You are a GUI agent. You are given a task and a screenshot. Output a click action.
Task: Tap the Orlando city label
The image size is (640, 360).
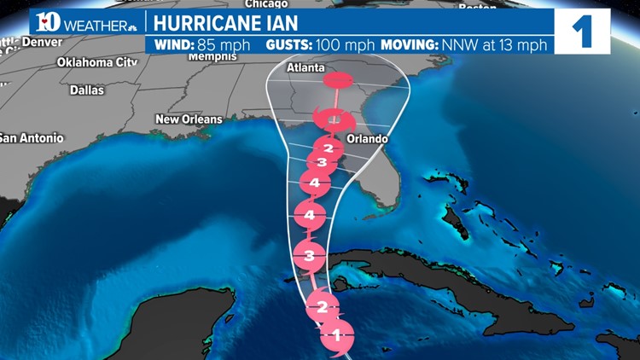pyautogui.click(x=368, y=139)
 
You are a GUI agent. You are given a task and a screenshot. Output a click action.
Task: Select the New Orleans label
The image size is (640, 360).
pyautogui.click(x=189, y=119)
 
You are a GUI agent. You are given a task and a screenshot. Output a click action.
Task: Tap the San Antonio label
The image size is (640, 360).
pyautogui.click(x=31, y=137)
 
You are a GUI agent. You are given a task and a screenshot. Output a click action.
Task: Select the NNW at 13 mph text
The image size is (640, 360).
pyautogui.click(x=507, y=44)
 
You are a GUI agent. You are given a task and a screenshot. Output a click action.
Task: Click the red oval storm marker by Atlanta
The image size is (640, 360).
pyautogui.click(x=337, y=81)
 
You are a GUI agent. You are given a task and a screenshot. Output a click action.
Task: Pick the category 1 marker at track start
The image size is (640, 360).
pyautogui.click(x=336, y=334)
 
